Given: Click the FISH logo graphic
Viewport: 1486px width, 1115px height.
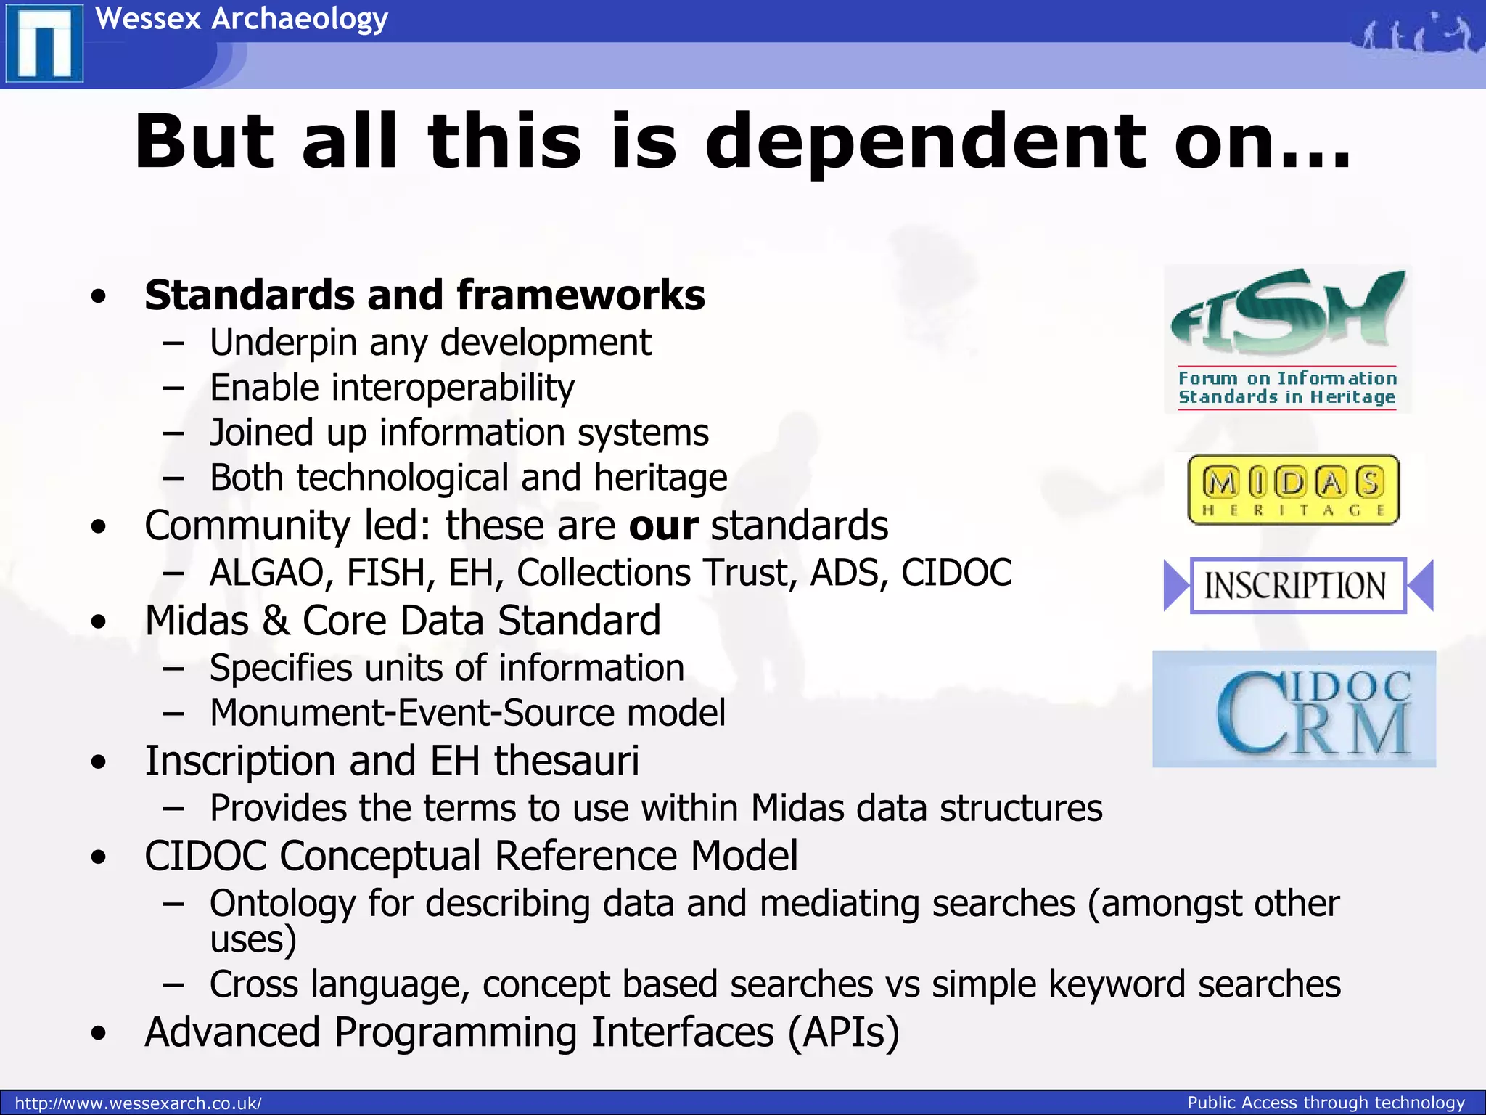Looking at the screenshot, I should coord(1287,338).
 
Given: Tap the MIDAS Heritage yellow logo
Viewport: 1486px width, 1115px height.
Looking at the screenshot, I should coord(1293,489).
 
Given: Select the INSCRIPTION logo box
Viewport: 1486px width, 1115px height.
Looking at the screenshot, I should coord(1297,586).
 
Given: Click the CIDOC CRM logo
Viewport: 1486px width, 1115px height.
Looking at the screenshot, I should coord(1294,709).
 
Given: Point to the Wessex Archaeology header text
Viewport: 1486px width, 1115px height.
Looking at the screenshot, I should coord(242,19).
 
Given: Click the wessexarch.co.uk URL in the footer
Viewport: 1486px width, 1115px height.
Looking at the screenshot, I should coord(138,1103).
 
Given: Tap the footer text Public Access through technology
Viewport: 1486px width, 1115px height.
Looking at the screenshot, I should coord(1326,1103).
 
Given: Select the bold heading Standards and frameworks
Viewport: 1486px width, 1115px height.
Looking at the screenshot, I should coord(424,295).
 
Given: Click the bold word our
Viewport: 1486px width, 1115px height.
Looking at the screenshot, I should coord(663,526).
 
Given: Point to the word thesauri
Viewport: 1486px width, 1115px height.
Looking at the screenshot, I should coord(567,761).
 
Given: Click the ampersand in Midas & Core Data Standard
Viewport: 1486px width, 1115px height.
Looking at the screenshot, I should coord(275,621).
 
